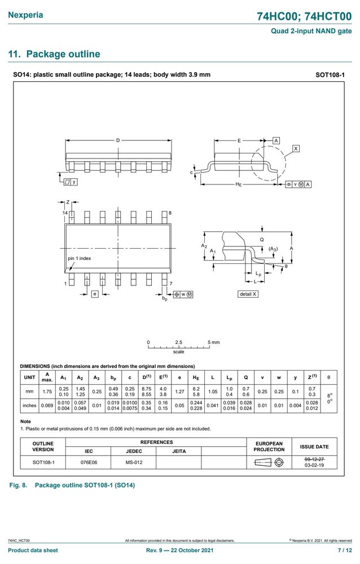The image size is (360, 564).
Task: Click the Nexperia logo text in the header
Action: [x=25, y=15]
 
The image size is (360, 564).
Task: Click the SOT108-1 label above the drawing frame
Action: [x=330, y=75]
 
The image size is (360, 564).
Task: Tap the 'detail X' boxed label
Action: [x=248, y=294]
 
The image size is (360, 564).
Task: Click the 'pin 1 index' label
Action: [x=79, y=258]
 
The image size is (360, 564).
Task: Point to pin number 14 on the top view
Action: [x=65, y=213]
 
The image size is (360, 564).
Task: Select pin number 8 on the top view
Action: [x=170, y=213]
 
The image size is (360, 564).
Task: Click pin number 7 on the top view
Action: [x=170, y=284]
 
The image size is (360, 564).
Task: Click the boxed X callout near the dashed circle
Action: [x=296, y=148]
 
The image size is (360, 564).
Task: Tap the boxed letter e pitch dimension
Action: [x=94, y=294]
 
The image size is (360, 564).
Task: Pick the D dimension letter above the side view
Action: [x=118, y=140]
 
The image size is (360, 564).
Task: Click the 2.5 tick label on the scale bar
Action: [x=178, y=342]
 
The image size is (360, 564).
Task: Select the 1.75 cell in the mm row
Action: [x=47, y=391]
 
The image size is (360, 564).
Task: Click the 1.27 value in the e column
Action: [x=179, y=391]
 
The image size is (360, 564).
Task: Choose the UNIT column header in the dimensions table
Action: [x=29, y=377]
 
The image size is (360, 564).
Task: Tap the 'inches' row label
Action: [x=29, y=406]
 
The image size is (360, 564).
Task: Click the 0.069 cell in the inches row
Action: [x=47, y=406]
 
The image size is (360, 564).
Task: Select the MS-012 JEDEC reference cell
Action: [x=134, y=462]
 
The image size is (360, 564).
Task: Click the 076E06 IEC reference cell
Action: [x=89, y=462]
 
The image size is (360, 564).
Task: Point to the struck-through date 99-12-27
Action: [x=314, y=459]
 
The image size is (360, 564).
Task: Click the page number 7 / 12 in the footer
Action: [x=345, y=550]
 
